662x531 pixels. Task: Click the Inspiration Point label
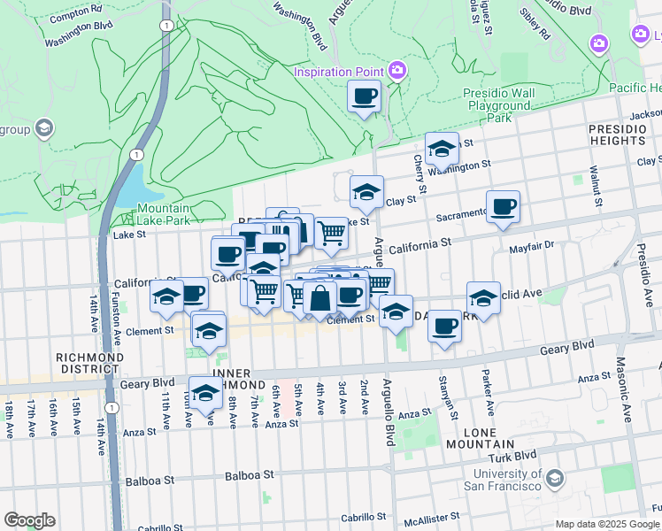[339, 72]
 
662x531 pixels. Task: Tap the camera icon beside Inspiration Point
[397, 70]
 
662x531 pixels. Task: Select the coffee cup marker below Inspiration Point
[364, 96]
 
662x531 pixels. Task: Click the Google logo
[29, 520]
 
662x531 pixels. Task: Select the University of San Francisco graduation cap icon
[555, 480]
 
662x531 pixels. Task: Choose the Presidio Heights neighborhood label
[617, 135]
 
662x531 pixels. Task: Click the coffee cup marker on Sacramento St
[503, 207]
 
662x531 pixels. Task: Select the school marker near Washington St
[441, 150]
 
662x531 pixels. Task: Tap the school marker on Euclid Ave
[483, 297]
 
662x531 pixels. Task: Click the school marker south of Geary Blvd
[206, 394]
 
